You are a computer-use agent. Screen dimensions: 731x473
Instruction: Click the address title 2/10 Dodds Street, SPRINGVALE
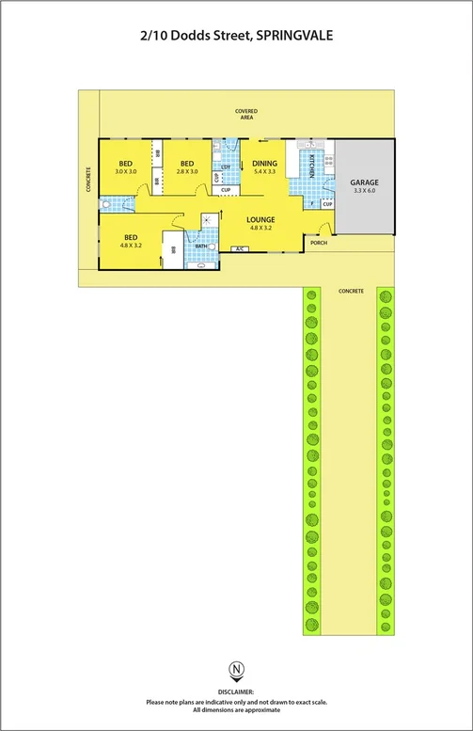(x=236, y=36)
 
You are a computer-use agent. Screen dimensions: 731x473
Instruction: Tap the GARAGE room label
(x=364, y=182)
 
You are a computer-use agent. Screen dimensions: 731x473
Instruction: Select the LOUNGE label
(x=260, y=219)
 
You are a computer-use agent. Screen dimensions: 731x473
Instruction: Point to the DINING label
(x=264, y=164)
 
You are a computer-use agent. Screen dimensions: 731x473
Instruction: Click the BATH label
(x=201, y=246)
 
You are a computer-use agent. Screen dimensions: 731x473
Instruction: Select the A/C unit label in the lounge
(x=240, y=249)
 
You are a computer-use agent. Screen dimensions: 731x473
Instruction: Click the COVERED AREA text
(x=247, y=114)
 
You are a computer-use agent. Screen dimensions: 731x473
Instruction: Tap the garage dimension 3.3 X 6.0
(x=364, y=190)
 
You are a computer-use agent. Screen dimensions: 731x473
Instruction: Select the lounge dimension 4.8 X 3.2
(x=260, y=228)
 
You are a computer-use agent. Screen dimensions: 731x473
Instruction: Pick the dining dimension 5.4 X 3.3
(x=264, y=172)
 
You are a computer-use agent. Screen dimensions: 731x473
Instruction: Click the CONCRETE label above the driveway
(x=351, y=291)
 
